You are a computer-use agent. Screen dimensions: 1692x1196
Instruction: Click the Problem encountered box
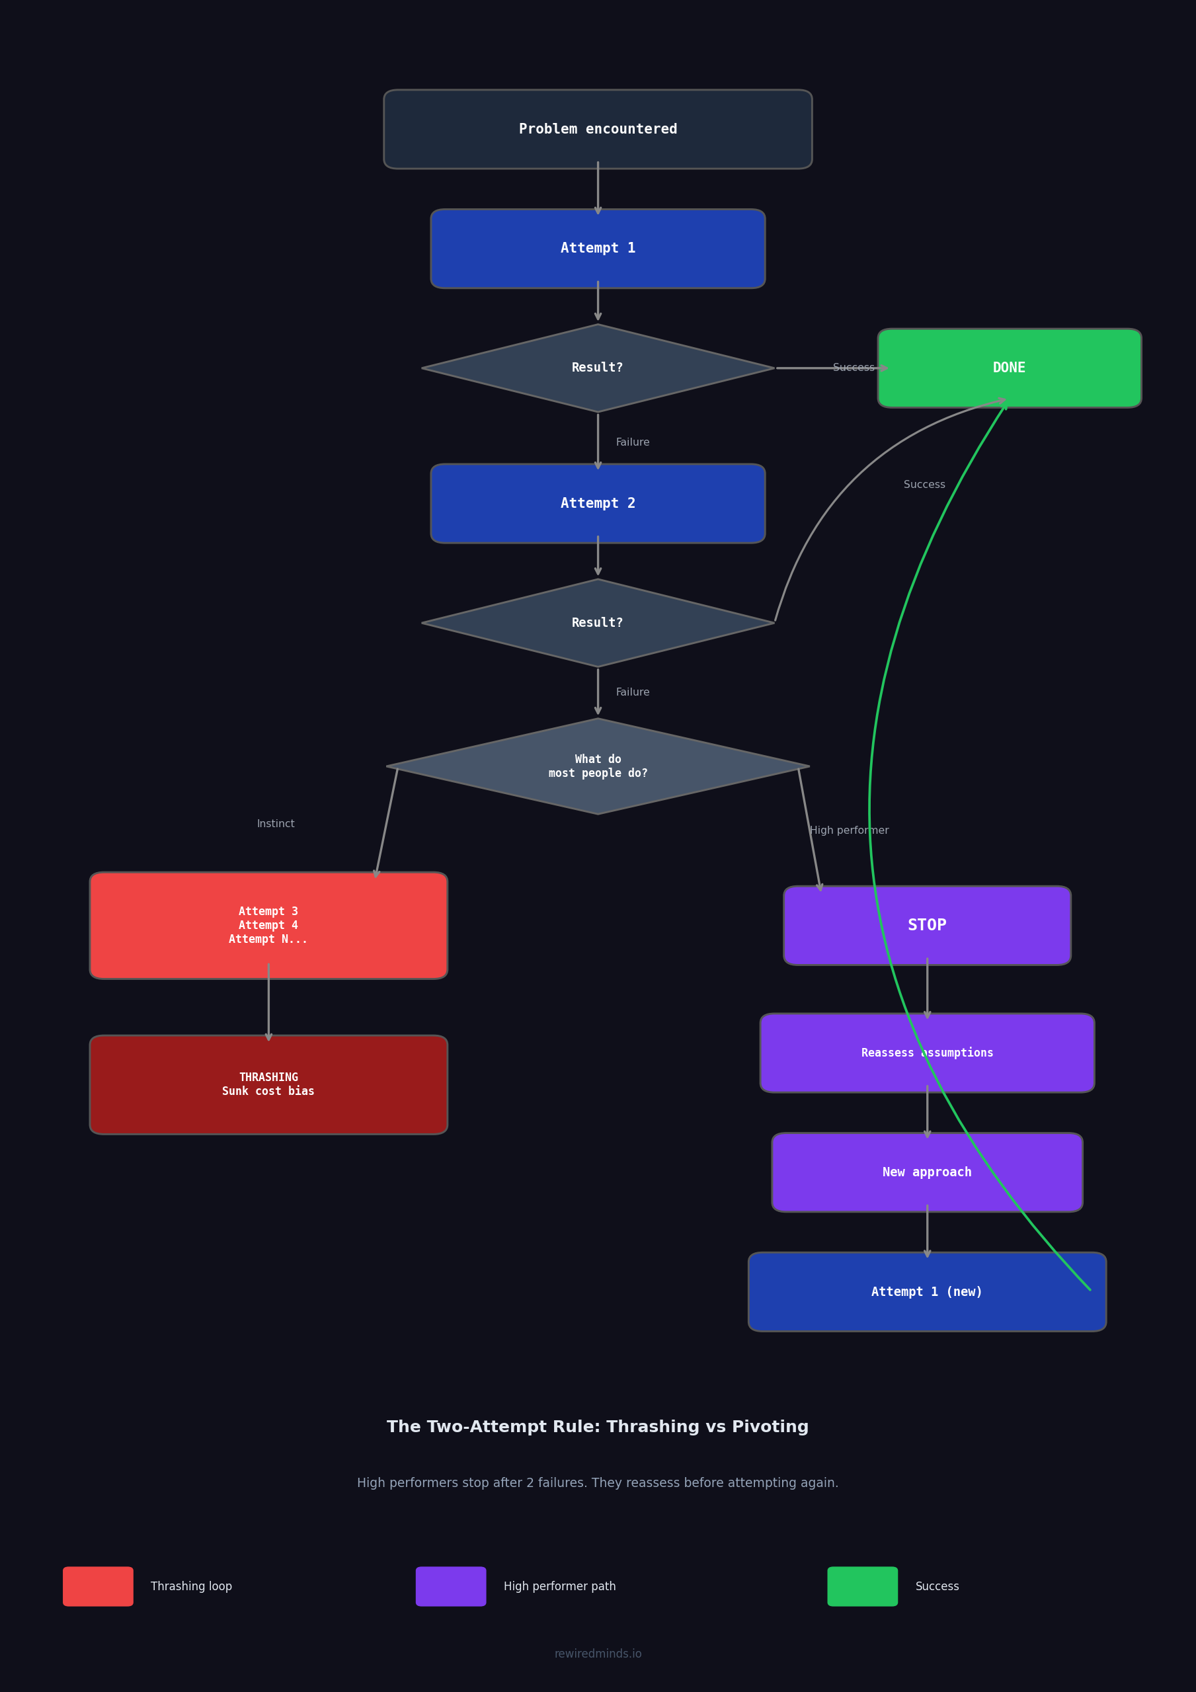point(598,129)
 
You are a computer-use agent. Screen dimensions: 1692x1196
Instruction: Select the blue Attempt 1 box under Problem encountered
point(598,249)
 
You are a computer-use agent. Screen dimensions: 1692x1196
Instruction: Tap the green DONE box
point(1009,368)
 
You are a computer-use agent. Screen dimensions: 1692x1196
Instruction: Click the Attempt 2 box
point(598,503)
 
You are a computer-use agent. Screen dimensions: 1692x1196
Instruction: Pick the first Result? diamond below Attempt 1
point(598,368)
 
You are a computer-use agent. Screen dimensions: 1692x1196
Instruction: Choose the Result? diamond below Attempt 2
point(598,623)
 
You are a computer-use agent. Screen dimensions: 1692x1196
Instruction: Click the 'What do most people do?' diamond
point(598,766)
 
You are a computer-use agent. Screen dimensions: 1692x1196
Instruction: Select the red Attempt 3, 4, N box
point(268,926)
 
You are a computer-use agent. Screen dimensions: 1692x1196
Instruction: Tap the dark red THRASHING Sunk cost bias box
point(268,1085)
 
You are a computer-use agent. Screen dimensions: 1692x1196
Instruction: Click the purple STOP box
point(926,926)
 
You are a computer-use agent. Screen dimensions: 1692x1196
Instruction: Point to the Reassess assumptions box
point(926,1053)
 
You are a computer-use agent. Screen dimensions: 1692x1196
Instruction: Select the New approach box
point(926,1172)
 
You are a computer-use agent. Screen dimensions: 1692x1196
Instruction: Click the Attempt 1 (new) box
point(926,1292)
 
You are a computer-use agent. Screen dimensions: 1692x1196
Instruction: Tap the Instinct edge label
point(276,824)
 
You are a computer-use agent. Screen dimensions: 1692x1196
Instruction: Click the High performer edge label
point(849,830)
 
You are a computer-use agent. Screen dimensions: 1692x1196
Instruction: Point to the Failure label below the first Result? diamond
point(632,442)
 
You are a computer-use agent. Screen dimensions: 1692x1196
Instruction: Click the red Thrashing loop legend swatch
point(98,1587)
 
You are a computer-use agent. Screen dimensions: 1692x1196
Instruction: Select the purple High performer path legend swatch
point(450,1587)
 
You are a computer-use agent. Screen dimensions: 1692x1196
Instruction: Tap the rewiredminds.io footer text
point(598,1654)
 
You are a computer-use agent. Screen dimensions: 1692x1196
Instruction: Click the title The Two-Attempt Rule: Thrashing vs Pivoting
point(598,1428)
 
